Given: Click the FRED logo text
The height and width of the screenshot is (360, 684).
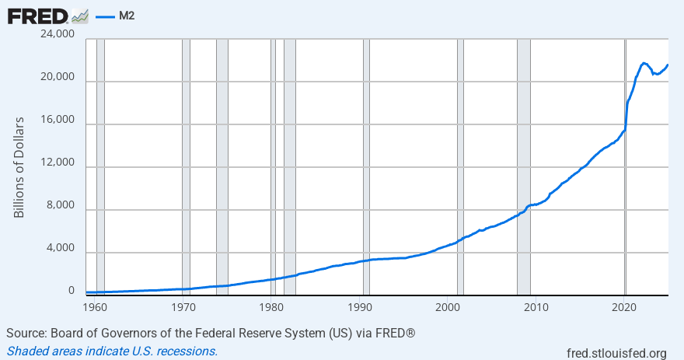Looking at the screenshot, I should click(x=36, y=15).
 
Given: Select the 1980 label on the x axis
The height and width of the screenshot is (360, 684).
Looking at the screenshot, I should click(x=271, y=306).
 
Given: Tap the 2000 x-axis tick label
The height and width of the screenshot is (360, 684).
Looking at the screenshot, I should click(x=448, y=306).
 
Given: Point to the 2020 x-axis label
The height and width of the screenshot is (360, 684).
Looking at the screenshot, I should click(x=625, y=306).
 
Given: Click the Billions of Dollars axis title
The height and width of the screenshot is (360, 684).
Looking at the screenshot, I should click(x=19, y=167).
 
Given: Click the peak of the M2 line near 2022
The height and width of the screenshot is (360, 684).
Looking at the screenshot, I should click(x=644, y=63).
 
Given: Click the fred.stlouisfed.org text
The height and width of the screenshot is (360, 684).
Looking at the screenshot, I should click(x=618, y=353).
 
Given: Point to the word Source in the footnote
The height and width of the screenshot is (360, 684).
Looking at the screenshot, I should click(x=26, y=334).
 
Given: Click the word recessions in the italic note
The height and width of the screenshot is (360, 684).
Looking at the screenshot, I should click(x=187, y=351).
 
